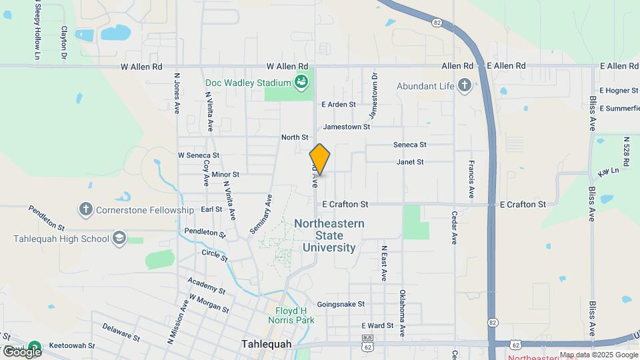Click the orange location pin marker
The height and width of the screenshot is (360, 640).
click(x=320, y=159)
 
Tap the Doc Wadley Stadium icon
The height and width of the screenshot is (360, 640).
click(x=301, y=83)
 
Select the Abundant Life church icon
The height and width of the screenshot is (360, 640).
click(x=464, y=85)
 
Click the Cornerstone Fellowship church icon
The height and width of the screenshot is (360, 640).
click(x=85, y=210)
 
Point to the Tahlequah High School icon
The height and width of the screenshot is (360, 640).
click(x=119, y=239)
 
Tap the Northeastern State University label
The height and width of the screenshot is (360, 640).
click(x=329, y=235)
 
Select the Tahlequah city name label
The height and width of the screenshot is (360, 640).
click(x=266, y=344)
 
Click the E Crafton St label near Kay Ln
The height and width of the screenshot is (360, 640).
click(x=523, y=204)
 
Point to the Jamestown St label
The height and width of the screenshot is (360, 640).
click(x=346, y=126)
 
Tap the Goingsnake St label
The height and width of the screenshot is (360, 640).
click(x=341, y=304)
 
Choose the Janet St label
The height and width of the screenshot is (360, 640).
click(x=410, y=162)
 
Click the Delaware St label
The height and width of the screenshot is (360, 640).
click(x=121, y=332)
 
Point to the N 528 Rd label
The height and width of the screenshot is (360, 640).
click(x=627, y=155)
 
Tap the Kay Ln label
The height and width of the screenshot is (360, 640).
click(x=609, y=172)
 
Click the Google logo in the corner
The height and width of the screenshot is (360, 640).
click(x=21, y=351)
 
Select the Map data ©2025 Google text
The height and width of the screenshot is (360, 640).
click(x=599, y=355)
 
